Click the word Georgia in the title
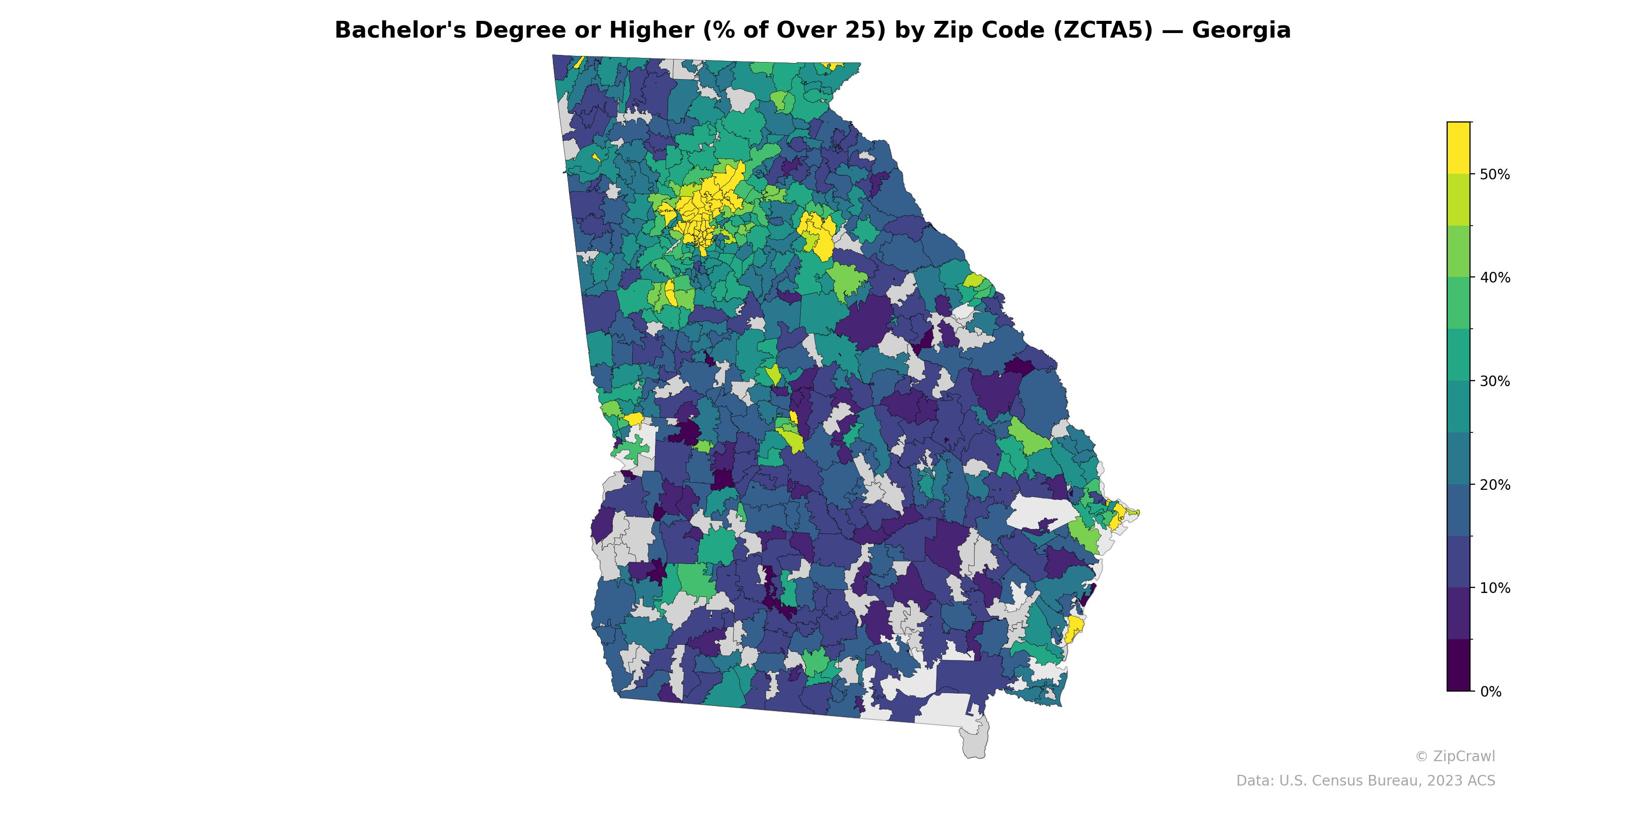point(1241,30)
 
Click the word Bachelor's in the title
point(400,30)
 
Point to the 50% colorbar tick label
point(1495,175)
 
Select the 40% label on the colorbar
point(1495,278)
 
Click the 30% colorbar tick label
point(1495,381)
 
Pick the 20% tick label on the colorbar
point(1495,485)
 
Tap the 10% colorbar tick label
point(1495,588)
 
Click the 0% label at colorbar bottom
point(1490,692)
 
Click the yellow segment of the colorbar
point(1458,148)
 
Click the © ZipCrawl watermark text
point(1455,756)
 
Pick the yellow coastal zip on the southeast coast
point(1074,628)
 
